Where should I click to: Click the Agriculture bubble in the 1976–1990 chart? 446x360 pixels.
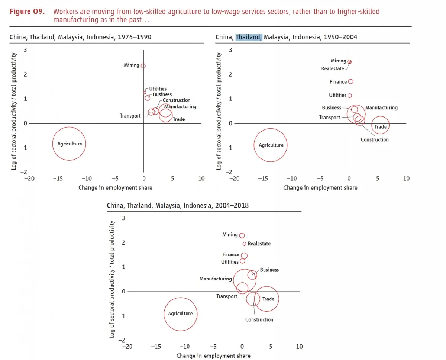[69, 144]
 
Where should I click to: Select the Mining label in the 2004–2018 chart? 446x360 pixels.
[230, 235]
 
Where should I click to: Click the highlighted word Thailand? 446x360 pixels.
[249, 37]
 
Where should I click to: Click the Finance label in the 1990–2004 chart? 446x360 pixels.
[338, 82]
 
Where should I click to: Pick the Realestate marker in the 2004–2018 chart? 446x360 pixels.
[244, 244]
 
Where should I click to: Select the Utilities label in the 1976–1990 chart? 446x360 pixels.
[158, 89]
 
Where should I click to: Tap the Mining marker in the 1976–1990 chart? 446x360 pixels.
[143, 66]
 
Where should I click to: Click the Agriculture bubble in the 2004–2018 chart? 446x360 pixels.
[180, 314]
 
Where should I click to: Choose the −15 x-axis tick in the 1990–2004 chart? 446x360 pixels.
[262, 179]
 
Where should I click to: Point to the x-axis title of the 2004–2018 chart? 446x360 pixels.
[213, 356]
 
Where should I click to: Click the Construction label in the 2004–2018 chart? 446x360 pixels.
[259, 319]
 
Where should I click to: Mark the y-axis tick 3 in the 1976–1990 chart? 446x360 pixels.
[25, 50]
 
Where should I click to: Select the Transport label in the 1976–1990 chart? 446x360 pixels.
[130, 116]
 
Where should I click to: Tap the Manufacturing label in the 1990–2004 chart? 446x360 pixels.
[381, 108]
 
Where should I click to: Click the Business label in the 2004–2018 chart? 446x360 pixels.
[269, 270]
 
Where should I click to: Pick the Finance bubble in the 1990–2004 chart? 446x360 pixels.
[350, 81]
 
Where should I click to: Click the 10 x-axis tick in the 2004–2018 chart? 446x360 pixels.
[299, 347]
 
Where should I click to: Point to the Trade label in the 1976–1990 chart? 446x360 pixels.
[178, 119]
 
